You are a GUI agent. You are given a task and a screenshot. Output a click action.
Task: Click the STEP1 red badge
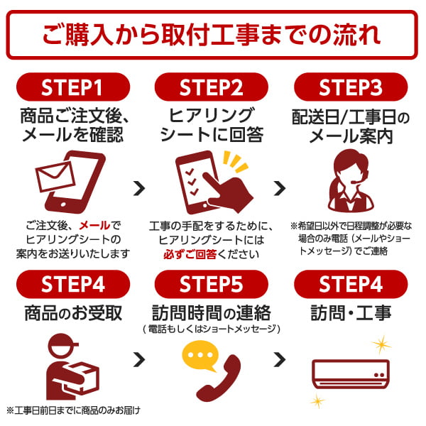[72, 88]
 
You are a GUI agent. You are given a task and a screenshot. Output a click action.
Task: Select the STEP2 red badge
[212, 88]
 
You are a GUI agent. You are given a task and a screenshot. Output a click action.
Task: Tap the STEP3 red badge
[351, 88]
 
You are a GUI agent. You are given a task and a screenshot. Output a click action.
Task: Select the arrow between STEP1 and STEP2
[140, 188]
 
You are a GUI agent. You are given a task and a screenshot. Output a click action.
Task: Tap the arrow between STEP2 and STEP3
[280, 188]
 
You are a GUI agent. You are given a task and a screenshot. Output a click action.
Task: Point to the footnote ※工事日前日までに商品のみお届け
[72, 410]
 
